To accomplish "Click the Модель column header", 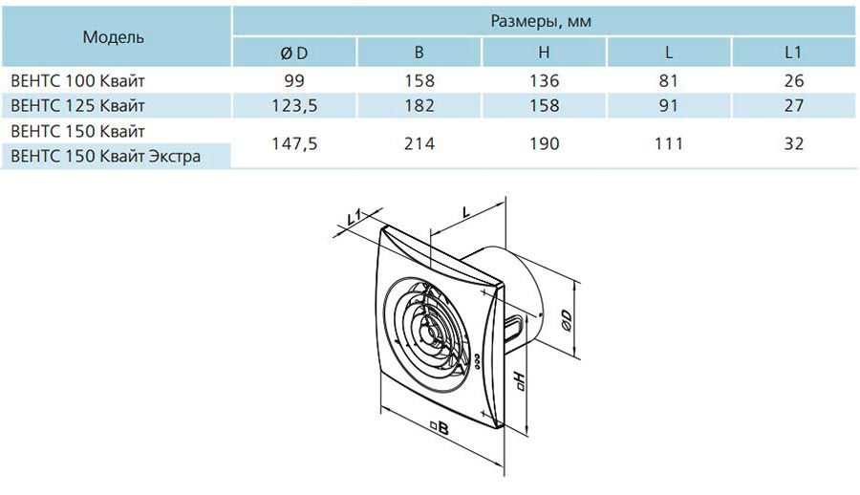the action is (113, 37).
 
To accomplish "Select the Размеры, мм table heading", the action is (541, 21).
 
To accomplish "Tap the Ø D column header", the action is (294, 53).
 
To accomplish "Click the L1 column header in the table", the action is (793, 53).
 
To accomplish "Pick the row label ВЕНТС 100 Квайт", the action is (78, 81).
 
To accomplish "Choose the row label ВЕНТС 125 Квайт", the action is (78, 105).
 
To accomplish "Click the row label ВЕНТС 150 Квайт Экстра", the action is (105, 157).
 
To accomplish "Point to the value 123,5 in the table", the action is (294, 105).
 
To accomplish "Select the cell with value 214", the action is (419, 143).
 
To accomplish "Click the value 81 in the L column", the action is (669, 81).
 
